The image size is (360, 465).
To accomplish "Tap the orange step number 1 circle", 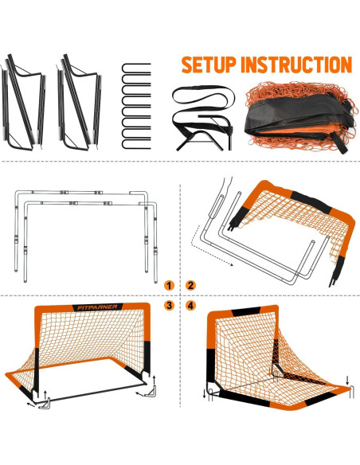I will tap(169, 285).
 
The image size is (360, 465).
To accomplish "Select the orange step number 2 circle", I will tap(191, 285).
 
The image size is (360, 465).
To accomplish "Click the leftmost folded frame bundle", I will tap(23, 104).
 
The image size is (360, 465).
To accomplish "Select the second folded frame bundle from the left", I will tap(80, 104).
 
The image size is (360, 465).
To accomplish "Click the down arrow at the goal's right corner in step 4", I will tap(348, 381).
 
